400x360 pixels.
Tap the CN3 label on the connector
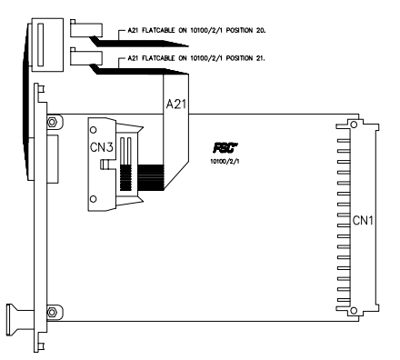point(102,145)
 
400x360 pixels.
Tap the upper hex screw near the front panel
point(52,121)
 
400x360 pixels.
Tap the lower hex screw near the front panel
point(52,311)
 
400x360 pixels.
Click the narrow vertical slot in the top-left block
point(39,43)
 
